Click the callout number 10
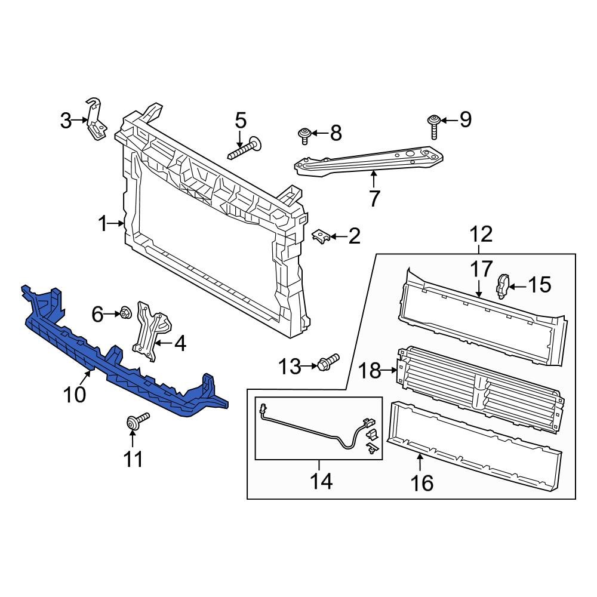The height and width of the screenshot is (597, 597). coord(76,394)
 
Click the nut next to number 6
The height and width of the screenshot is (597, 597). coord(125,312)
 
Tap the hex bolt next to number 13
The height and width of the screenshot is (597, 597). coord(328,362)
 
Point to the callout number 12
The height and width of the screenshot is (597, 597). coord(482,235)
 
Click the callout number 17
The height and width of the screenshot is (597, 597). coord(481,270)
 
